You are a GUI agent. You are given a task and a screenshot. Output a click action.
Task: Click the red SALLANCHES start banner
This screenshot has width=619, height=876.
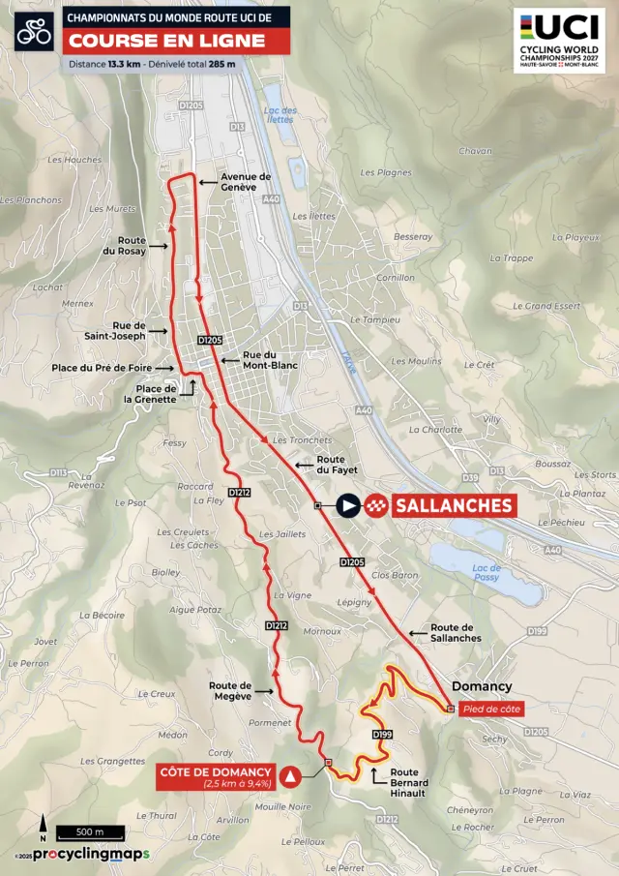point(452,505)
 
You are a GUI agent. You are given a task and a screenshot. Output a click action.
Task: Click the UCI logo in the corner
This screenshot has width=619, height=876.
point(559,40)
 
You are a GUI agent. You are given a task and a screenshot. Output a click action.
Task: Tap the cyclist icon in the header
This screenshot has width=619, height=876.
point(34,33)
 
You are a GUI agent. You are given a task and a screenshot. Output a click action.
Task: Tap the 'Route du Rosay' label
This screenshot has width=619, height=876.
point(132,246)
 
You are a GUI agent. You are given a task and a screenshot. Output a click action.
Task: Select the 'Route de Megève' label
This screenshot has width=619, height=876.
point(230,690)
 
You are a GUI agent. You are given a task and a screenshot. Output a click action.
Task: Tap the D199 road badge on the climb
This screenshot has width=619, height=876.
point(383,735)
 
